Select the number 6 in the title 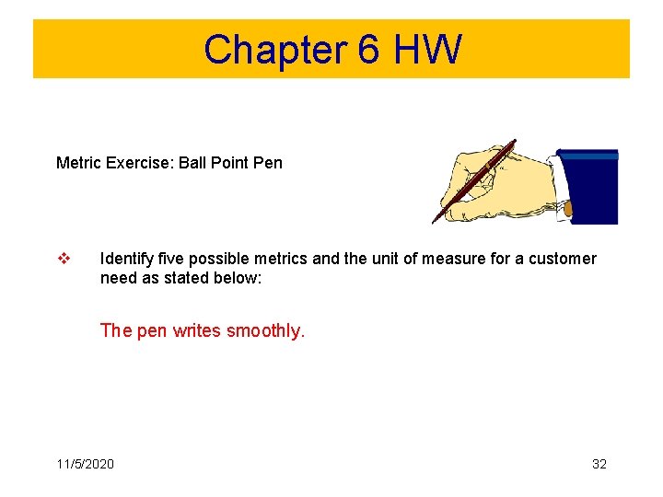coord(368,50)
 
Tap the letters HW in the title coord(426,50)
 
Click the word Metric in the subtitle coord(76,163)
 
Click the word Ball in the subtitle coord(192,163)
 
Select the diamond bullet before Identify coord(63,259)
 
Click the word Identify coord(126,259)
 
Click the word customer coord(561,259)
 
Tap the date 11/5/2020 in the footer coord(85,464)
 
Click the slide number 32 coord(599,464)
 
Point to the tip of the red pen coord(435,222)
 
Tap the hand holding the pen coord(497,184)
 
